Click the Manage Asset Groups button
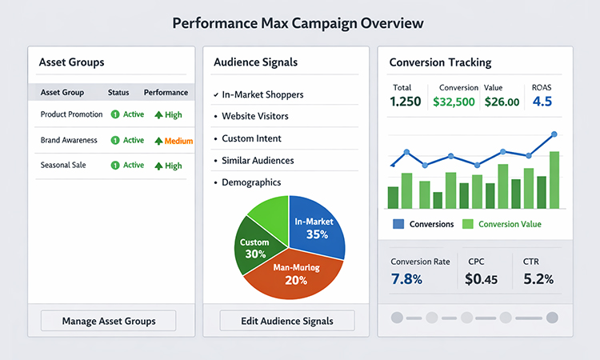point(109,322)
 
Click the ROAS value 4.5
point(542,102)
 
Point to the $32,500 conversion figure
point(454,102)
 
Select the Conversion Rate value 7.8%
point(406,279)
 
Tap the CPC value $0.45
point(481,279)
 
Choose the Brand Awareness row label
point(69,140)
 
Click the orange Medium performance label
point(178,141)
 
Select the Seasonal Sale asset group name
point(63,165)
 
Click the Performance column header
point(166,92)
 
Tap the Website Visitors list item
point(255,116)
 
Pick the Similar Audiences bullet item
point(258,160)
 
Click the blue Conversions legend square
point(398,224)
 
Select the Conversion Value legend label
point(510,224)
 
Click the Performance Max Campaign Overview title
point(298,23)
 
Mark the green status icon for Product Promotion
point(115,114)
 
